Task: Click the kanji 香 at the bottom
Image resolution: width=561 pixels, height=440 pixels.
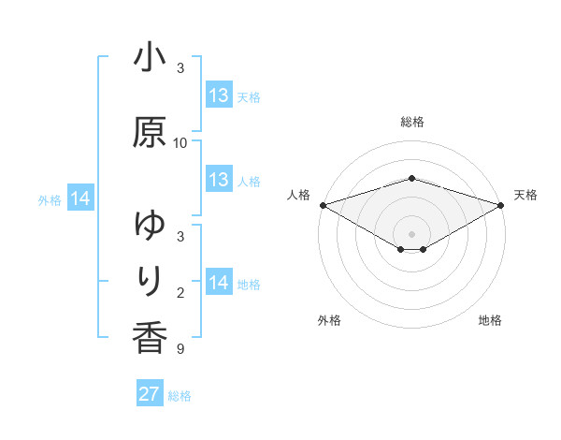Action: (x=150, y=337)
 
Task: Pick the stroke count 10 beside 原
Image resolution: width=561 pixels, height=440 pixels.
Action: (x=180, y=143)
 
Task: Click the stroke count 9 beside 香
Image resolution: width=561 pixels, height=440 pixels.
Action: (x=180, y=350)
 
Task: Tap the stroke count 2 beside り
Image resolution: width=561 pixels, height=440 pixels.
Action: (x=180, y=293)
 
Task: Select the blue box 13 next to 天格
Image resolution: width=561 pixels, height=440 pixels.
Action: (x=219, y=95)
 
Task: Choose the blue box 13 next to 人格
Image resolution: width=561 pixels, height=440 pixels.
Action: (x=219, y=180)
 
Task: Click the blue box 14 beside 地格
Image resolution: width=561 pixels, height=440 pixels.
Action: (x=219, y=283)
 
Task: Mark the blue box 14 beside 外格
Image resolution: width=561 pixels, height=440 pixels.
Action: (x=80, y=198)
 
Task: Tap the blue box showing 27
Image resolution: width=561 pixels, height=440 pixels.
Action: (x=150, y=394)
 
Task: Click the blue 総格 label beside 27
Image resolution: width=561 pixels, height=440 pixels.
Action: (x=180, y=396)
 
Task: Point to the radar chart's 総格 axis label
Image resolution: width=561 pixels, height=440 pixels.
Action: (x=412, y=122)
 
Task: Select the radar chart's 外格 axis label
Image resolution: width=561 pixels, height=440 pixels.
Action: (x=329, y=321)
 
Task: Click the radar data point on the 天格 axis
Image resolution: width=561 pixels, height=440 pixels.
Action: (x=501, y=204)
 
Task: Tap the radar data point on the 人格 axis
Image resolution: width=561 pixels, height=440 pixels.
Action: (x=323, y=204)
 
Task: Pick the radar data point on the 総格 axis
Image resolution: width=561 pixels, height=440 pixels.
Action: (x=412, y=178)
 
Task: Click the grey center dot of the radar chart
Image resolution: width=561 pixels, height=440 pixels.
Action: (x=412, y=233)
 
